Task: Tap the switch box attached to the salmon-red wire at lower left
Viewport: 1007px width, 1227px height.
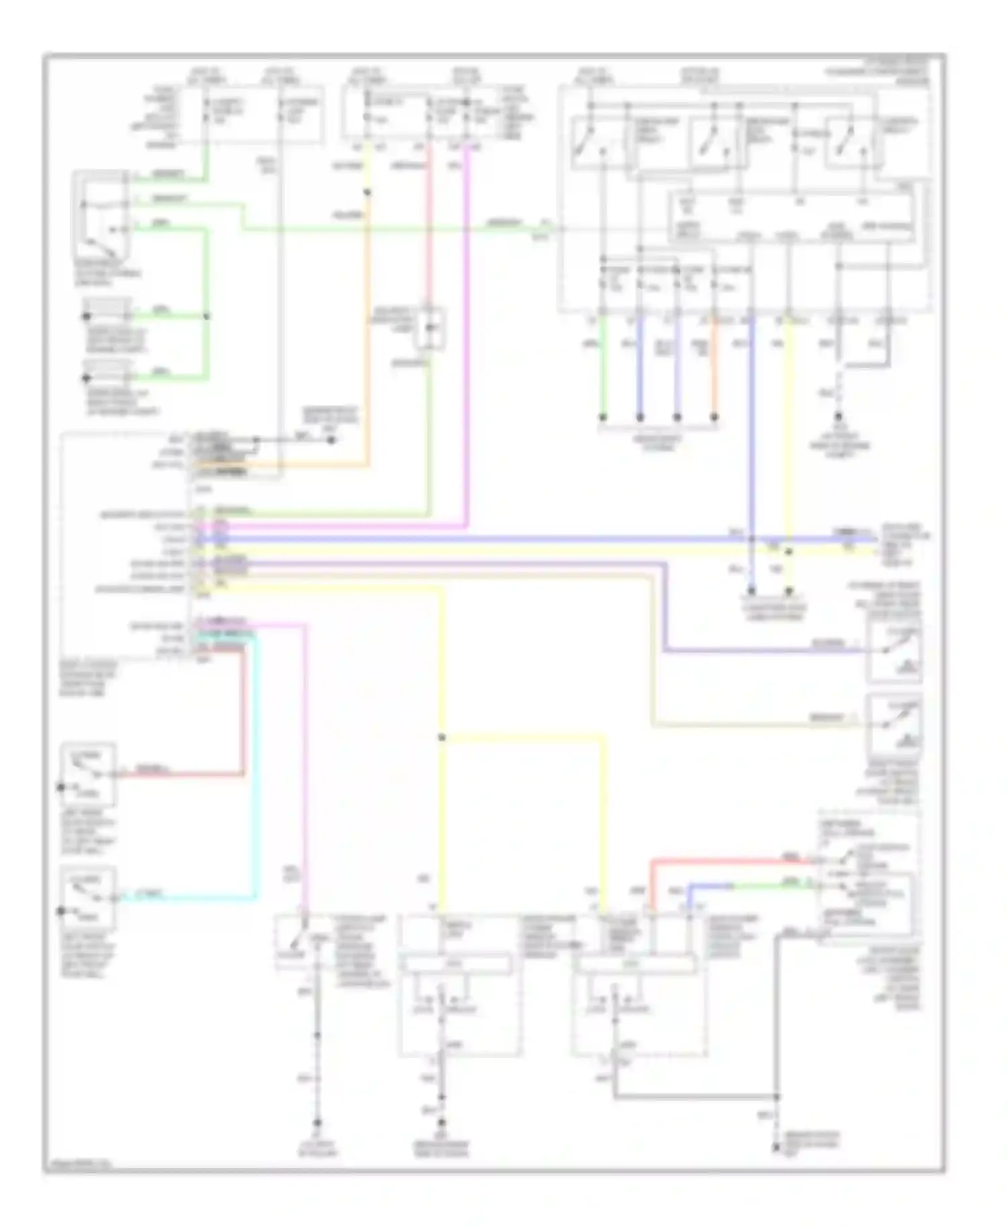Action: point(88,774)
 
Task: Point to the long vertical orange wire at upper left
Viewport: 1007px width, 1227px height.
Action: point(367,336)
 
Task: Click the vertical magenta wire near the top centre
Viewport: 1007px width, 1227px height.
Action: point(467,336)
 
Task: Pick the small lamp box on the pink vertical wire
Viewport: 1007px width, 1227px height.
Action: point(430,328)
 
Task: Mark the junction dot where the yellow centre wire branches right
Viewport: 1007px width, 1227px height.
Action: point(442,737)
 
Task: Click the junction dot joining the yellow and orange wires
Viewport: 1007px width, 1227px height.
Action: point(367,193)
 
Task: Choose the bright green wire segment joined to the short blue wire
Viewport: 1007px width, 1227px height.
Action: point(772,885)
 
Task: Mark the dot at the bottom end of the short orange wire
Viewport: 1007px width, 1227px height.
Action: point(714,417)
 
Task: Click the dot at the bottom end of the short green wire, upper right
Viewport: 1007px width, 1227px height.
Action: point(603,417)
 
